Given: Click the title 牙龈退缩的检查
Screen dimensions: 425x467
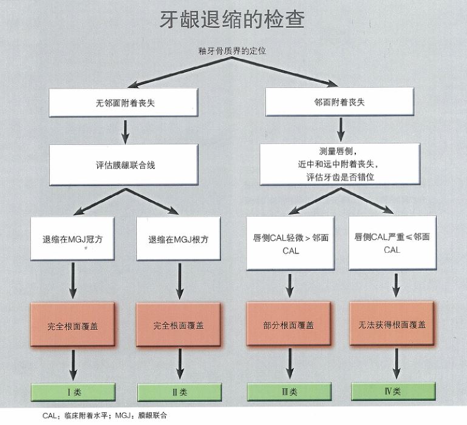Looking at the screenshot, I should click(x=233, y=19).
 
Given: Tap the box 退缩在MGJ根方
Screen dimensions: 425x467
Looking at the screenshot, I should click(x=179, y=239).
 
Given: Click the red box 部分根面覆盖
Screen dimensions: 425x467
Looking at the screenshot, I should click(x=290, y=325).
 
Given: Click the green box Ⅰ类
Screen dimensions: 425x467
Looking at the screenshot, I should click(x=72, y=392).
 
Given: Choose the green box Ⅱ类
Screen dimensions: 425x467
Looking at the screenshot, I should click(x=179, y=392).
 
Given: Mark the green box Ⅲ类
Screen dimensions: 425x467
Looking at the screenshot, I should click(x=289, y=392).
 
